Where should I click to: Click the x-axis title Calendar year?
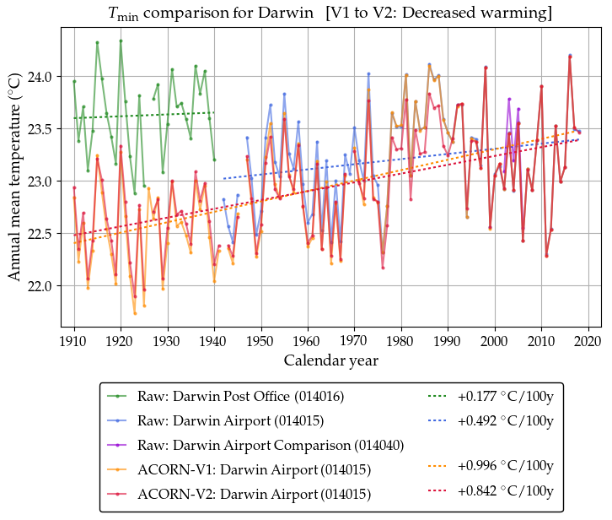point(330,360)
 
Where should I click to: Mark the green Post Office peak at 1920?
point(121,41)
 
